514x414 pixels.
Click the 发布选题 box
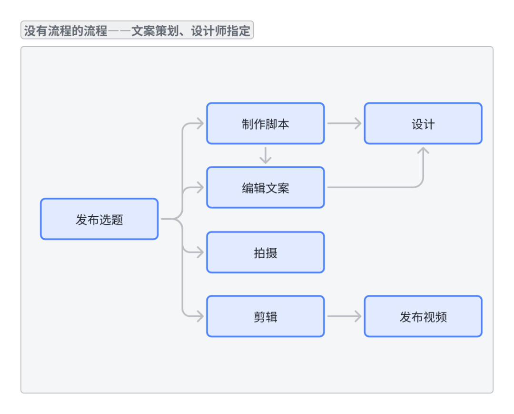tap(99, 219)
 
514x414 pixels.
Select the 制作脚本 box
tap(265, 123)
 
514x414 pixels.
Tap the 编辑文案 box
tap(265, 187)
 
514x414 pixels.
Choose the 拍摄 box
tap(265, 252)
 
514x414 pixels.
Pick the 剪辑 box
tap(265, 316)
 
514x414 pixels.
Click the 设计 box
tap(423, 123)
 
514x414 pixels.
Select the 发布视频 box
tap(423, 316)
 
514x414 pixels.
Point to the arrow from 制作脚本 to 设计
tap(344, 123)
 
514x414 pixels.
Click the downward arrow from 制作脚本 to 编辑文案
tap(266, 155)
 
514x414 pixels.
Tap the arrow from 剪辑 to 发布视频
tap(344, 316)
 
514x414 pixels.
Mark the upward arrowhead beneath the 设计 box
tap(423, 150)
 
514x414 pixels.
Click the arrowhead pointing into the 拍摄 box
tap(200, 252)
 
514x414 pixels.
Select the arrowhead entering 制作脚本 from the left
tap(200, 123)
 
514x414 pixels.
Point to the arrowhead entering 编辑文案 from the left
tap(200, 187)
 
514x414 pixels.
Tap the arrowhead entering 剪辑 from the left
tap(200, 316)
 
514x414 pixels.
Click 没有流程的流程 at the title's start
tap(66, 31)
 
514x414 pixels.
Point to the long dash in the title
tap(119, 31)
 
